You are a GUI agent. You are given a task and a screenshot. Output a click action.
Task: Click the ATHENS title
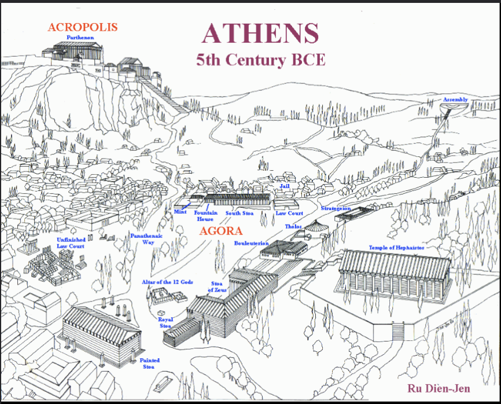pyautogui.click(x=260, y=34)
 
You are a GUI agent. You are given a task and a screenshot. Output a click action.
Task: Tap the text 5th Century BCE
pyautogui.click(x=261, y=59)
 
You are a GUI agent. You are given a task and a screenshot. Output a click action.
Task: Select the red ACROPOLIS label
pyautogui.click(x=83, y=27)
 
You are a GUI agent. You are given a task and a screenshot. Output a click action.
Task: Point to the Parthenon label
pyautogui.click(x=80, y=38)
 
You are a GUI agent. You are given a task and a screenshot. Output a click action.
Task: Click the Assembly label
pyautogui.click(x=455, y=100)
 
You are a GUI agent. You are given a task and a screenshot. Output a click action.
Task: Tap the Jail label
pyautogui.click(x=284, y=187)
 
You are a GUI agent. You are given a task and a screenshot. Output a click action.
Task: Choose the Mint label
pyautogui.click(x=180, y=212)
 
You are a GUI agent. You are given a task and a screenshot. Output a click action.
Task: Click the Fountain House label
pyautogui.click(x=205, y=216)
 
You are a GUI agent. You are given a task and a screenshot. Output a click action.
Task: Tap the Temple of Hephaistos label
pyautogui.click(x=396, y=248)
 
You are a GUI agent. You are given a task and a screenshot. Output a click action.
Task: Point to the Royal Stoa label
pyautogui.click(x=165, y=322)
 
